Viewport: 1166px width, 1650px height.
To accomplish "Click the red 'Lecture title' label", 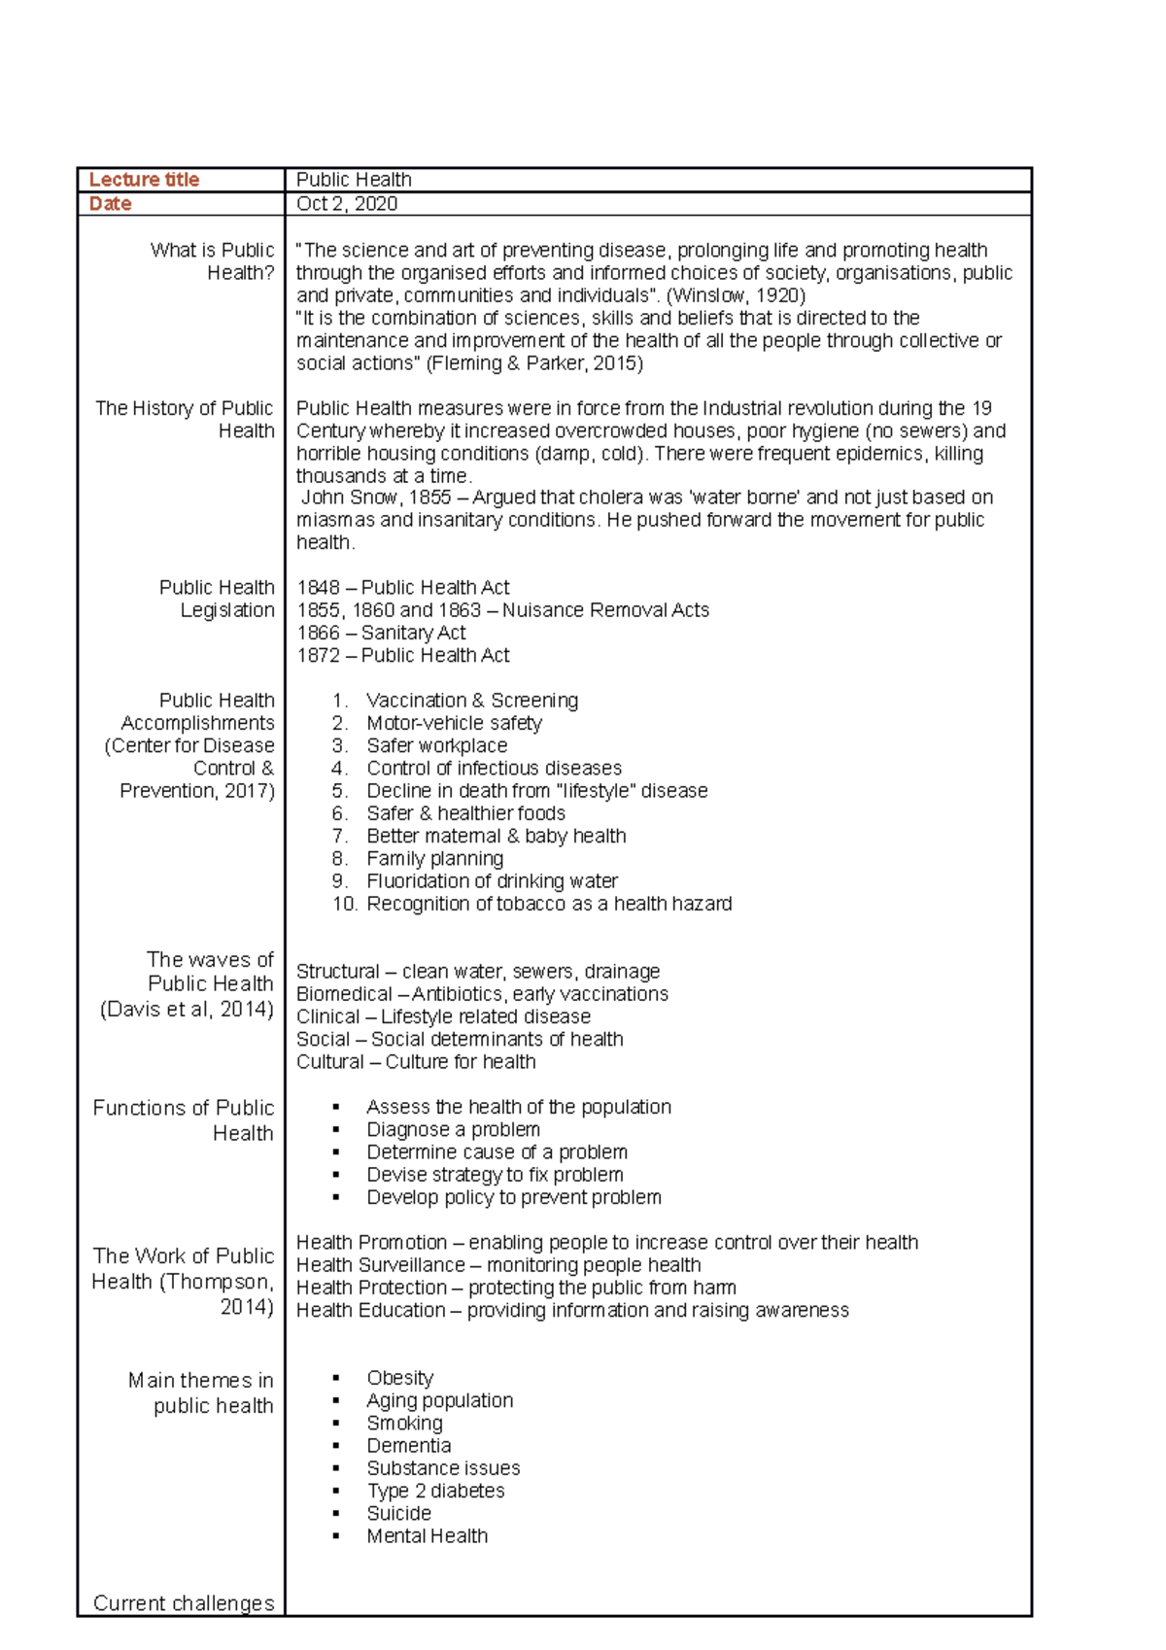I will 144,180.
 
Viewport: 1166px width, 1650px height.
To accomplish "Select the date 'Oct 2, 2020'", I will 347,204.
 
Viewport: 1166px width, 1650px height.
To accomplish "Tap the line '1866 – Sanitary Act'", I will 381,633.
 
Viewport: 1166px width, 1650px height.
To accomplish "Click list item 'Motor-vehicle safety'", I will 454,723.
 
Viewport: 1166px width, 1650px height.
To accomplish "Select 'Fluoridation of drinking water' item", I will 492,881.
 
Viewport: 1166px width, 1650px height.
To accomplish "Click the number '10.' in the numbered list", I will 344,904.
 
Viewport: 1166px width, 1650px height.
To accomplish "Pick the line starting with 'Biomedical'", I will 482,994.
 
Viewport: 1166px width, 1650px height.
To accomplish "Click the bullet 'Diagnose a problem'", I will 453,1129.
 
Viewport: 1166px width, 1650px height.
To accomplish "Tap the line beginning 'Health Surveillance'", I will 498,1265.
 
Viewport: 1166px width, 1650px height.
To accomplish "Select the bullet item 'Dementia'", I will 408,1446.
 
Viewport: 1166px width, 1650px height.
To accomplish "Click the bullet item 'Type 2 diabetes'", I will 435,1491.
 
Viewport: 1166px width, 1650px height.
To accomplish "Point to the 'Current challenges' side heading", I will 184,1603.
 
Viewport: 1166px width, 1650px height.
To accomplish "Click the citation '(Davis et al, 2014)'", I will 187,1010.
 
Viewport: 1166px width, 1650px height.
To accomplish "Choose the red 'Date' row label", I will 110,204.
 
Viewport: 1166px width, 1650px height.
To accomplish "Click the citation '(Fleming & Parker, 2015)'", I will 534,363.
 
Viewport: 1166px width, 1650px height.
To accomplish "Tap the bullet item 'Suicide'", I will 398,1514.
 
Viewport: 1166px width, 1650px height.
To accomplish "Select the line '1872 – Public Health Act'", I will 402,656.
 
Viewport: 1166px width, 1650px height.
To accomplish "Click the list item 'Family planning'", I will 434,859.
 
